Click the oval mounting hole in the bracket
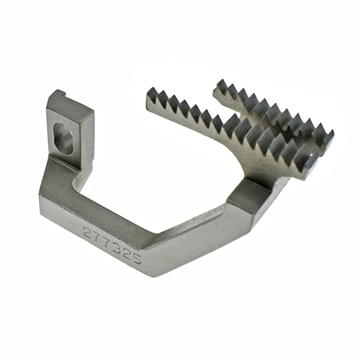(x=64, y=138)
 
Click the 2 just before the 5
(x=125, y=252)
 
